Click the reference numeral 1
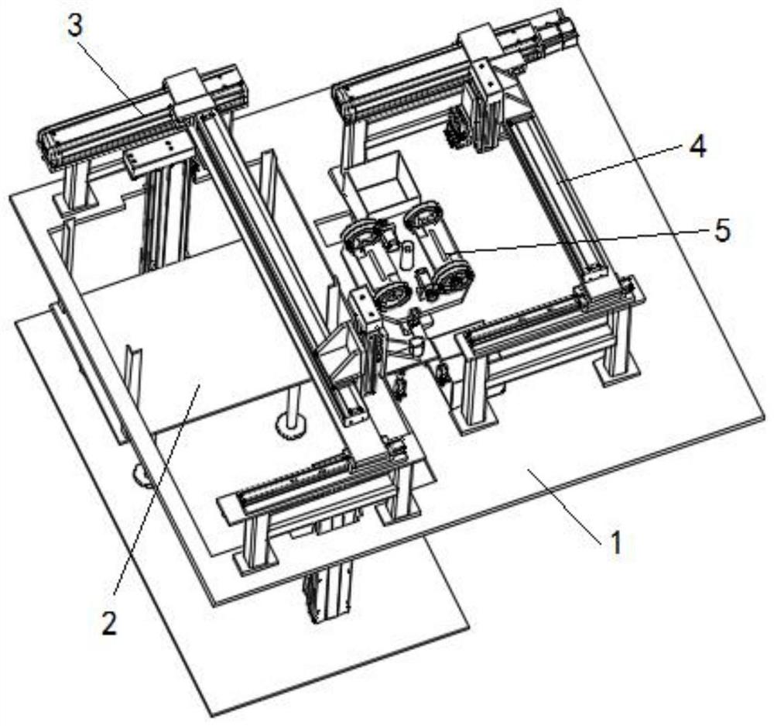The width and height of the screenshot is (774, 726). click(x=615, y=543)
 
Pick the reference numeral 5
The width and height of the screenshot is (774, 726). click(x=722, y=230)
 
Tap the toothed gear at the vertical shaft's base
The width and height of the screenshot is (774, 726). click(x=291, y=426)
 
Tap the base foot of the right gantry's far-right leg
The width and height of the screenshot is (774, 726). click(x=619, y=369)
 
